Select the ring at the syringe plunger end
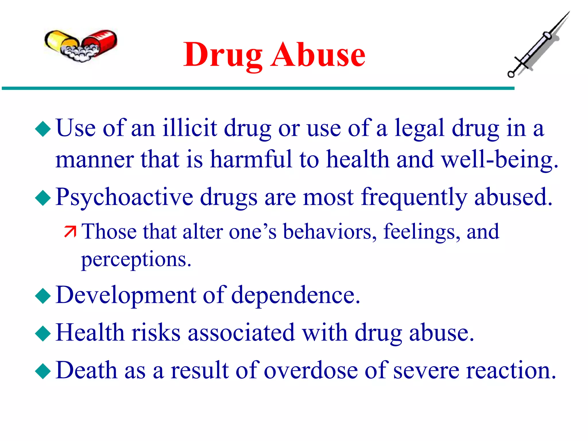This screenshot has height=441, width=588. coord(511,74)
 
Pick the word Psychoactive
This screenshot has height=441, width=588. coord(124,198)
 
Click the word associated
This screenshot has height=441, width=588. coord(241,333)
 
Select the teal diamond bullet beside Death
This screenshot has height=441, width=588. coord(43,371)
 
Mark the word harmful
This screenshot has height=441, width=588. coord(251,160)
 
